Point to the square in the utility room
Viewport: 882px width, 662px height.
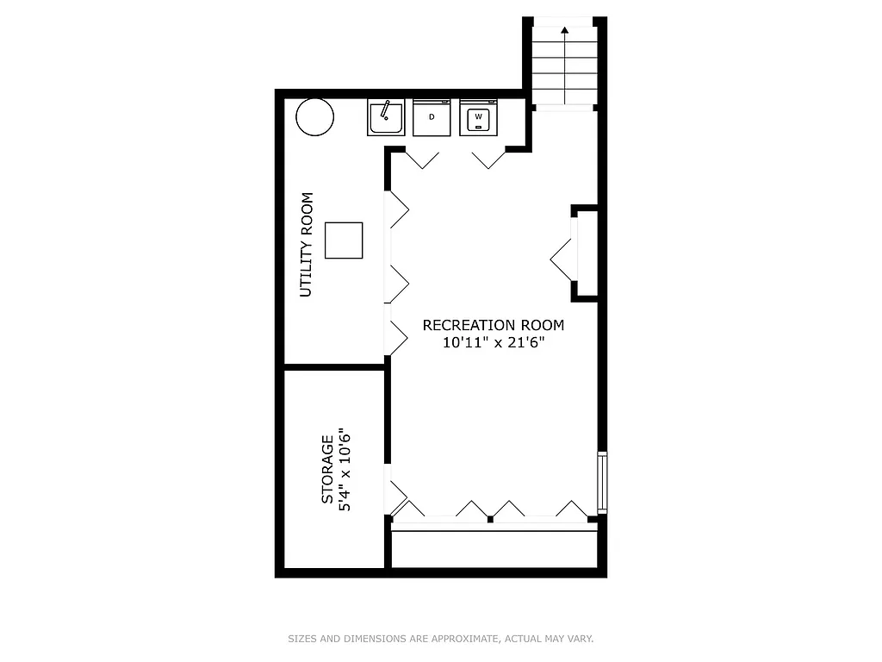click(x=344, y=240)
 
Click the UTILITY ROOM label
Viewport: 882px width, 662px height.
click(x=306, y=245)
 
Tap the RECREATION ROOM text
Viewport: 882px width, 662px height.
click(x=493, y=325)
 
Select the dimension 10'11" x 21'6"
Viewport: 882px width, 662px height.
click(x=493, y=342)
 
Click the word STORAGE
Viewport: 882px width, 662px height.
click(x=327, y=470)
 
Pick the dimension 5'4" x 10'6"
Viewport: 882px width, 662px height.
click(x=345, y=470)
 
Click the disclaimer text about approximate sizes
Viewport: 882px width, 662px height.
click(x=440, y=639)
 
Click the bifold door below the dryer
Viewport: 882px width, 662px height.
click(x=422, y=159)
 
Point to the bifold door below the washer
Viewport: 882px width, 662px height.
click(x=488, y=159)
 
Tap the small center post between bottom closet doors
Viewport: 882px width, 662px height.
click(x=490, y=519)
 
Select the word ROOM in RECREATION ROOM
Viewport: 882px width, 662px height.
click(x=543, y=325)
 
